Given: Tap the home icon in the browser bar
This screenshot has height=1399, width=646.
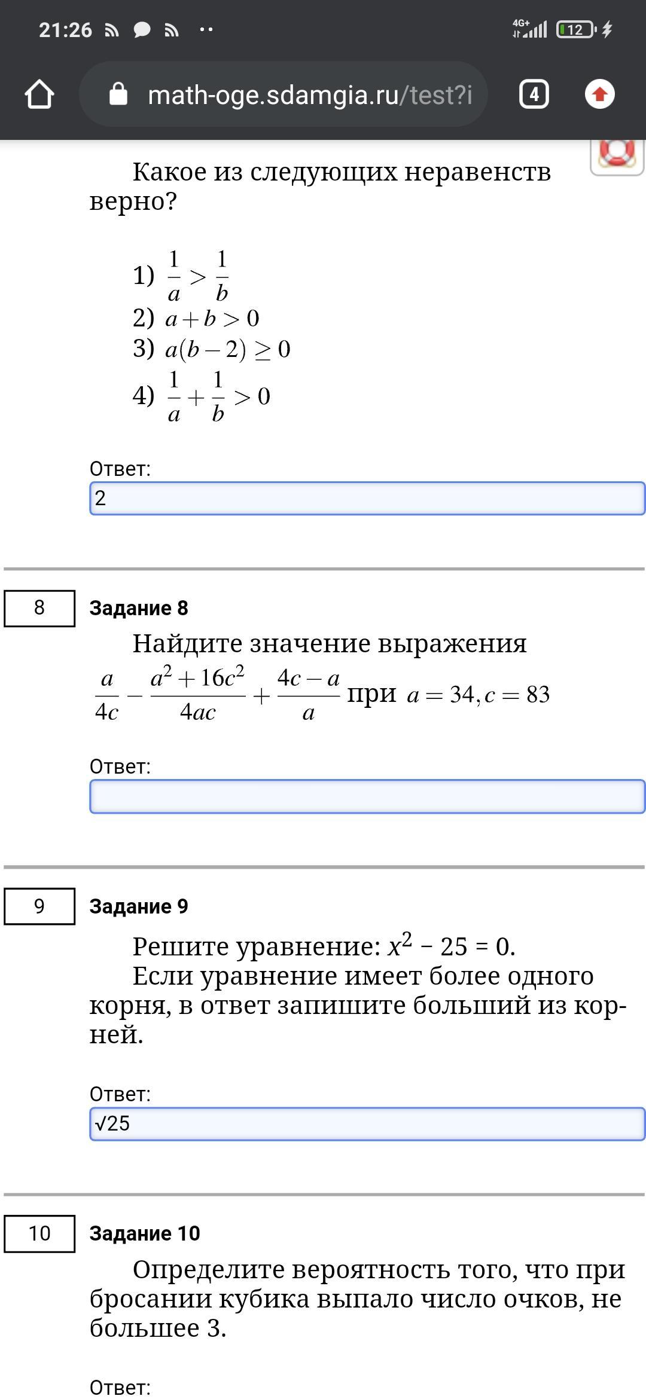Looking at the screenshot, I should (39, 94).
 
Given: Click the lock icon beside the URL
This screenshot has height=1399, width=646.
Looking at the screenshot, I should (118, 94).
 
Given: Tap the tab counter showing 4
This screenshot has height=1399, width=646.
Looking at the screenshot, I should (534, 94).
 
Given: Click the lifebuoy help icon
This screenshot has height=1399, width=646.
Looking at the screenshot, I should (617, 154).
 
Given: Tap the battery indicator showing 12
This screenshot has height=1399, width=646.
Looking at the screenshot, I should (575, 30).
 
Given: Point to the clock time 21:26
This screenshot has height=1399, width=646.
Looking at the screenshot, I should (65, 30).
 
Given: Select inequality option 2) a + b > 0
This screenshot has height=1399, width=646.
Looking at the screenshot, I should (196, 319).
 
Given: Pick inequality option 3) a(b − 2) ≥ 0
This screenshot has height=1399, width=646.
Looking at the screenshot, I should (212, 349).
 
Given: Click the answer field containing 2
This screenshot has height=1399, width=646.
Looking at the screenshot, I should (367, 498).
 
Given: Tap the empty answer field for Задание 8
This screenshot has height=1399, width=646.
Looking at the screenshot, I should (367, 796).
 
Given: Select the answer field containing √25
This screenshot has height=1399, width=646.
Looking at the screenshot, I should (367, 1124).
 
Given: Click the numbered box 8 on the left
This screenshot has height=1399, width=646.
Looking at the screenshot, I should (39, 608).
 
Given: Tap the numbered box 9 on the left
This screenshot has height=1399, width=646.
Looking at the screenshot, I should (39, 906).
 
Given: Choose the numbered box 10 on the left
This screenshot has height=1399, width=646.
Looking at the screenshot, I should (39, 1233).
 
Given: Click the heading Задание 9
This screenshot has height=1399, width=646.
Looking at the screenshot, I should (139, 906).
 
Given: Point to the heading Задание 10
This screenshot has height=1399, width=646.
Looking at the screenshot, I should (145, 1233).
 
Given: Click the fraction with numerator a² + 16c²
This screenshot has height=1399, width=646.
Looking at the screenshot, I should (197, 695).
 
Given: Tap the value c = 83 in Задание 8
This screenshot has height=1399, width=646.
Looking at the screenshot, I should (517, 695).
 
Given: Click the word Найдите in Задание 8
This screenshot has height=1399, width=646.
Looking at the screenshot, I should (188, 644).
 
